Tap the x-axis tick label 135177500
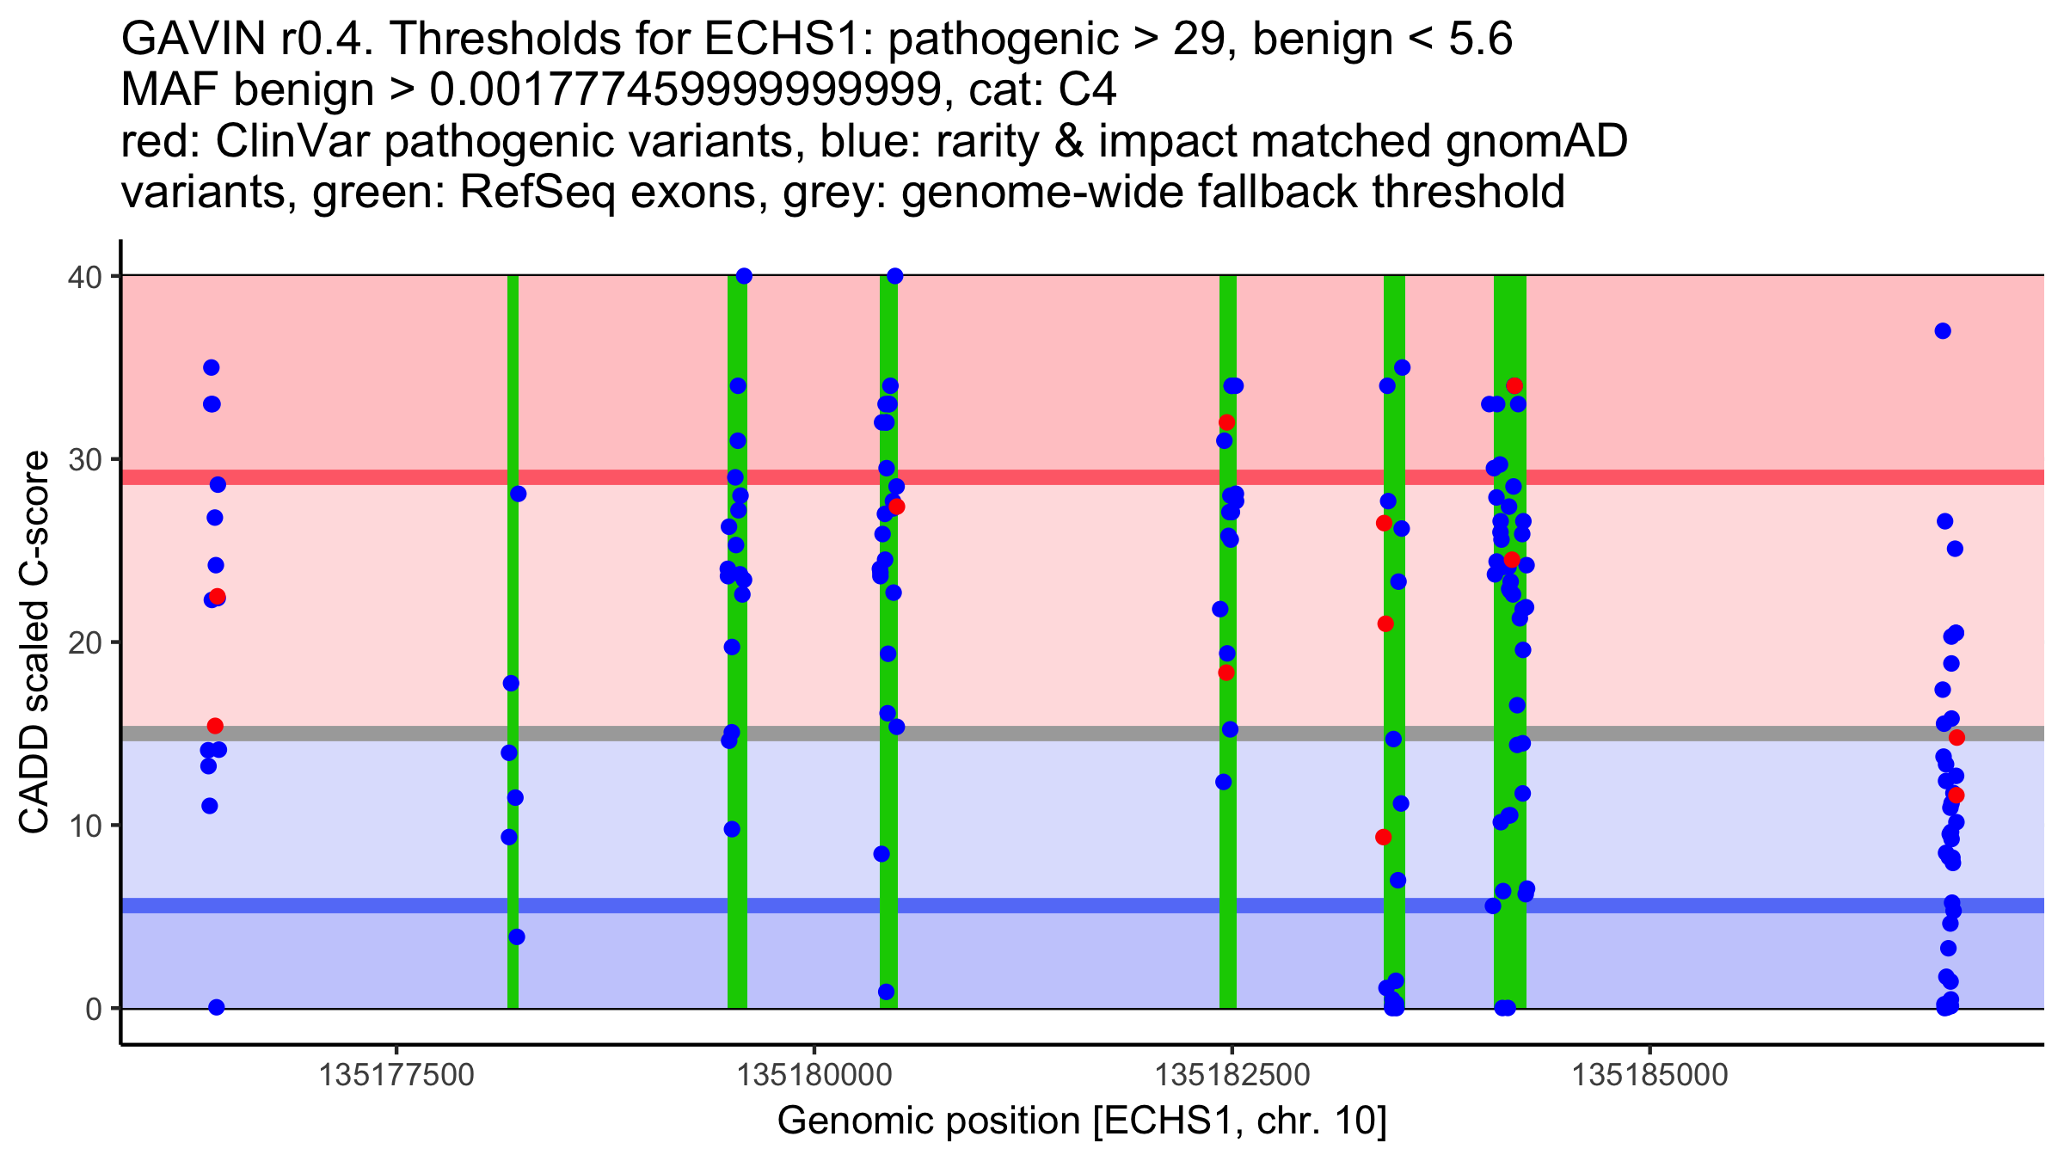click(x=396, y=1075)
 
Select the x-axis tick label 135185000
click(x=1649, y=1075)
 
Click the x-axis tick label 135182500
click(x=1232, y=1075)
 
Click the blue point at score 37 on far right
click(x=1943, y=331)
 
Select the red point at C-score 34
click(x=1514, y=386)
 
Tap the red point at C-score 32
click(x=1226, y=422)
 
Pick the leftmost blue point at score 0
click(x=217, y=1007)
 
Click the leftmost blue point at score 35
click(x=212, y=368)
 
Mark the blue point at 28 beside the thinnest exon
click(x=518, y=494)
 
